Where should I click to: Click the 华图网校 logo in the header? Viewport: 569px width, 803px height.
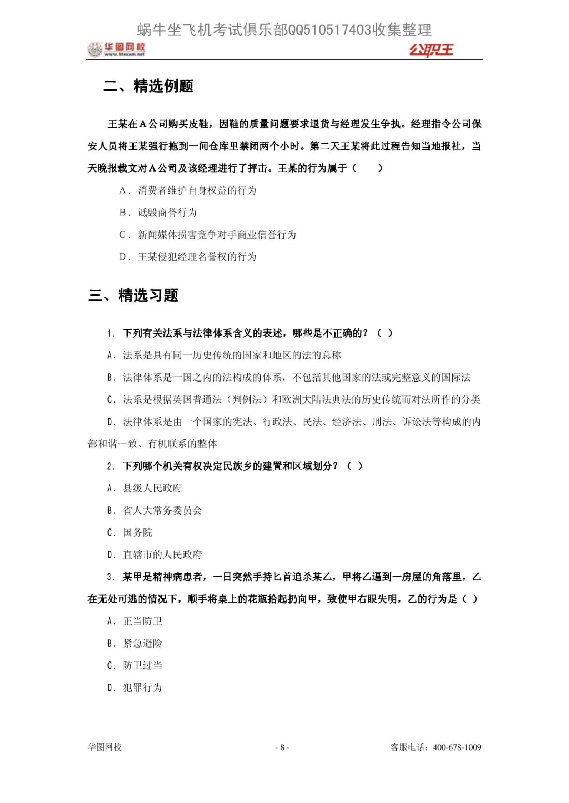(116, 50)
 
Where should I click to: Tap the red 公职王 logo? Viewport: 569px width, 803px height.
(431, 50)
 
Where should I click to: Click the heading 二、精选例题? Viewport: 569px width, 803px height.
(148, 86)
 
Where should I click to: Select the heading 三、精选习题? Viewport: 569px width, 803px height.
(133, 296)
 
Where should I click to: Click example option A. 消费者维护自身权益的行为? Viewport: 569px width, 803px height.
(188, 190)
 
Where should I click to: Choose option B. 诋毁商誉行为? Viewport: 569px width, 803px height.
(158, 213)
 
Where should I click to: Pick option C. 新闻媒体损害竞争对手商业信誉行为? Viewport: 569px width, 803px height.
(207, 235)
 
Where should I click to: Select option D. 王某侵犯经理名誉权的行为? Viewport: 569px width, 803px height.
(188, 257)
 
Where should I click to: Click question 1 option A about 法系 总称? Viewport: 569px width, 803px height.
(224, 355)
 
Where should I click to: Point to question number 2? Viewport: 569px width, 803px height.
(111, 466)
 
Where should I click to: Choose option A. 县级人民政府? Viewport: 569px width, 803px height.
(145, 488)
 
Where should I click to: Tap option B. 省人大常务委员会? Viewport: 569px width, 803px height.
(155, 510)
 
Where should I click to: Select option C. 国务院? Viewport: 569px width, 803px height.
(130, 532)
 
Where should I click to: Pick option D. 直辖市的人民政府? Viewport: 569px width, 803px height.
(155, 554)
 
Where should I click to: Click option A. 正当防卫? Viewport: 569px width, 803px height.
(135, 621)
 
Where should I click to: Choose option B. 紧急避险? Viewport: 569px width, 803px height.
(135, 643)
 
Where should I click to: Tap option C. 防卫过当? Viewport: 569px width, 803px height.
(135, 665)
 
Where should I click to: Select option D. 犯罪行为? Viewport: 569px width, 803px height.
(135, 687)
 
